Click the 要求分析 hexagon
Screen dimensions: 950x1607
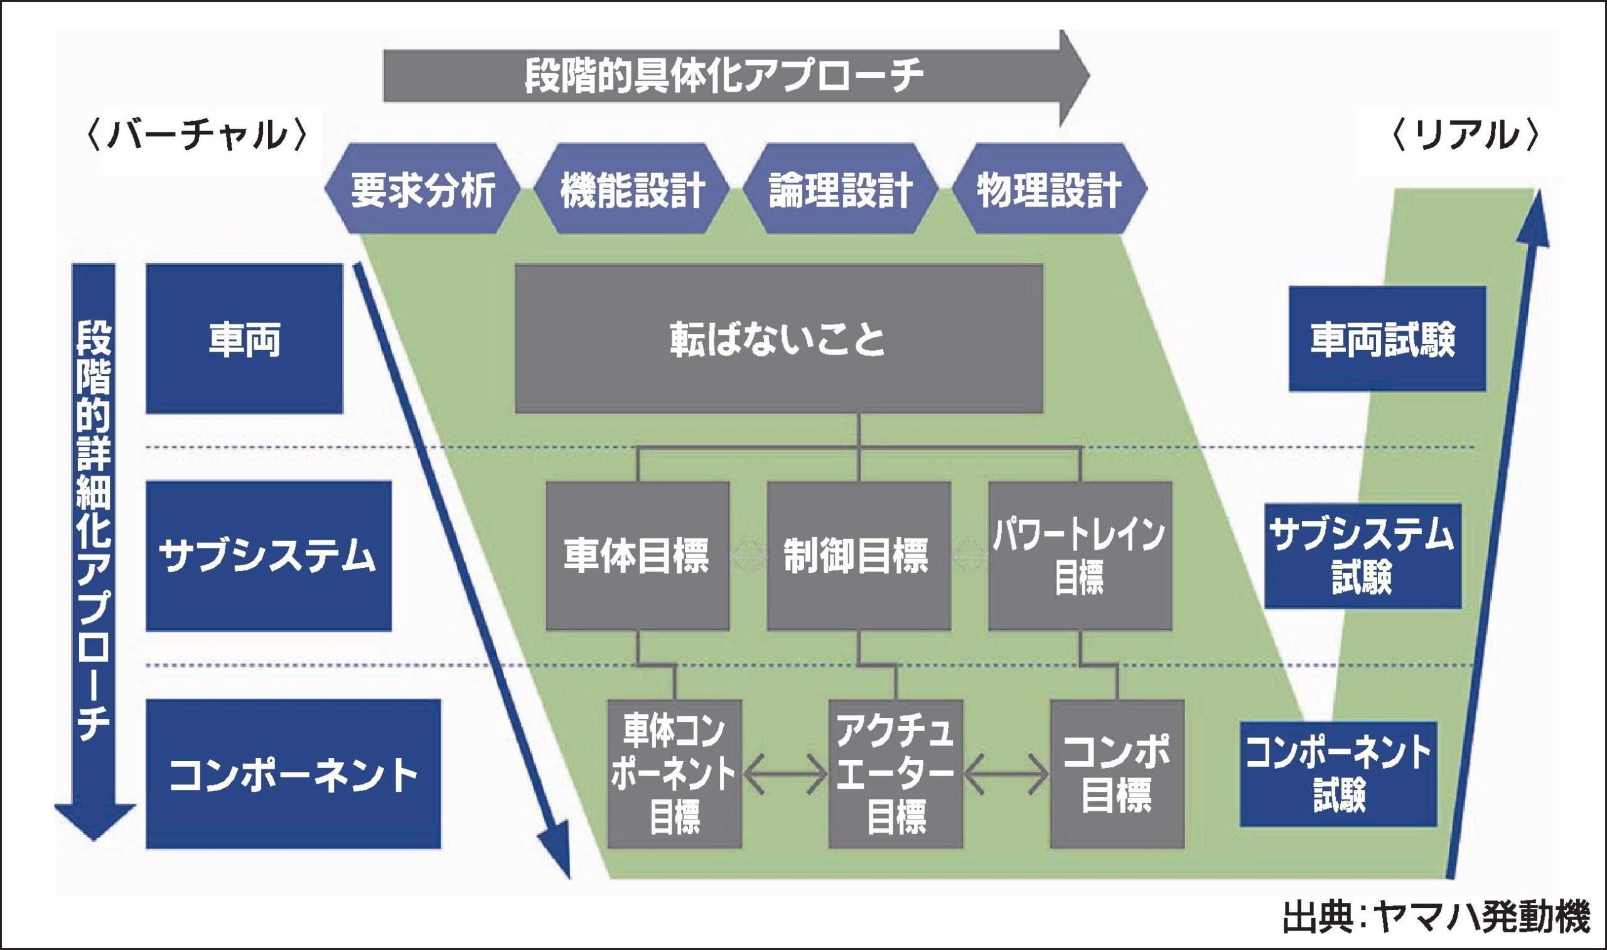click(422, 189)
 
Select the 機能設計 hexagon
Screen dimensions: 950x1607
click(632, 189)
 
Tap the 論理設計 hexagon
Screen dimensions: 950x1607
click(840, 189)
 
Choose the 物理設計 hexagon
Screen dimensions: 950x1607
click(1049, 189)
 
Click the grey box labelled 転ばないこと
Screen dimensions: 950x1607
click(778, 339)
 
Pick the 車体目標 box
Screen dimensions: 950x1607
click(637, 556)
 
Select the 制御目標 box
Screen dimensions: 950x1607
click(858, 556)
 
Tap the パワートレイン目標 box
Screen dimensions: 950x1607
click(1080, 556)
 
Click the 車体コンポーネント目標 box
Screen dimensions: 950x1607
click(674, 773)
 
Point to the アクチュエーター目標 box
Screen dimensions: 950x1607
click(895, 773)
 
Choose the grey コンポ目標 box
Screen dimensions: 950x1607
click(1117, 773)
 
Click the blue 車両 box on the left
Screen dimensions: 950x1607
click(245, 339)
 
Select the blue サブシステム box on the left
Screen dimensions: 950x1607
click(268, 556)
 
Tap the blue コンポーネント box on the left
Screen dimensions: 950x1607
click(293, 773)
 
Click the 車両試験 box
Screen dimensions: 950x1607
click(1387, 339)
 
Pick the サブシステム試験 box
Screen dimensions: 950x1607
click(1362, 556)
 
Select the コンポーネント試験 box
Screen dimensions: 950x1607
click(1338, 773)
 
